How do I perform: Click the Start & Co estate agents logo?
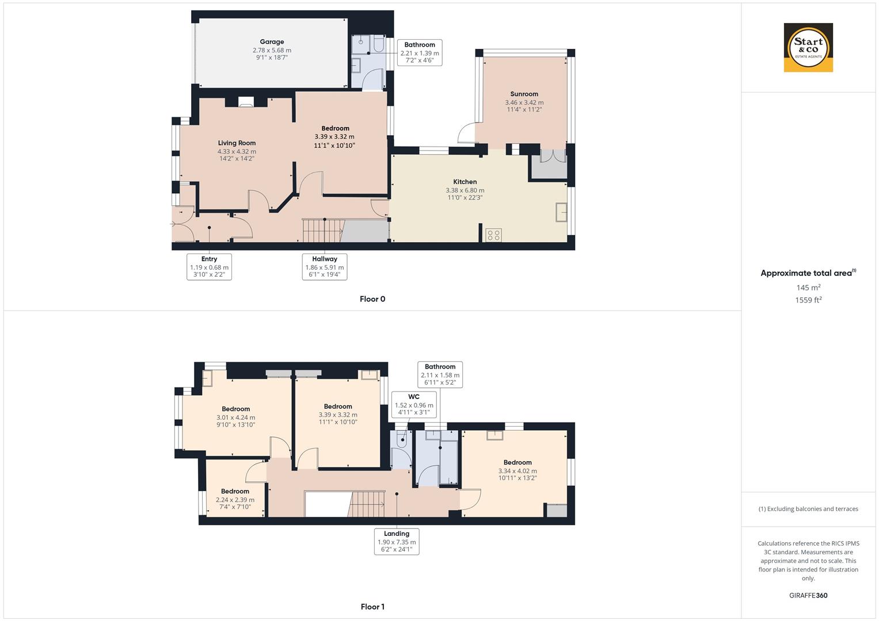click(x=808, y=48)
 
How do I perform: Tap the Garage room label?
click(x=272, y=42)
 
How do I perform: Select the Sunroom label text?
click(x=524, y=94)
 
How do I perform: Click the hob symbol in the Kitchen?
click(x=493, y=235)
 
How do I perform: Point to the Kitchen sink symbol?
click(x=561, y=212)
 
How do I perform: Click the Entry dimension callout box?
click(x=209, y=267)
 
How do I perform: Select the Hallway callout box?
click(x=325, y=267)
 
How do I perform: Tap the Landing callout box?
click(x=397, y=542)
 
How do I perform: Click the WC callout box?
click(x=414, y=405)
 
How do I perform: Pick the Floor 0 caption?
click(x=372, y=299)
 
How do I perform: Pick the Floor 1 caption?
click(x=372, y=607)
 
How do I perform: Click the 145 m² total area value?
click(x=808, y=287)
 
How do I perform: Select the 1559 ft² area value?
click(x=808, y=300)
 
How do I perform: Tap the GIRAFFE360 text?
click(x=808, y=596)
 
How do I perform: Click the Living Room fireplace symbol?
click(x=246, y=102)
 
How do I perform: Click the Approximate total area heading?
click(x=808, y=273)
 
